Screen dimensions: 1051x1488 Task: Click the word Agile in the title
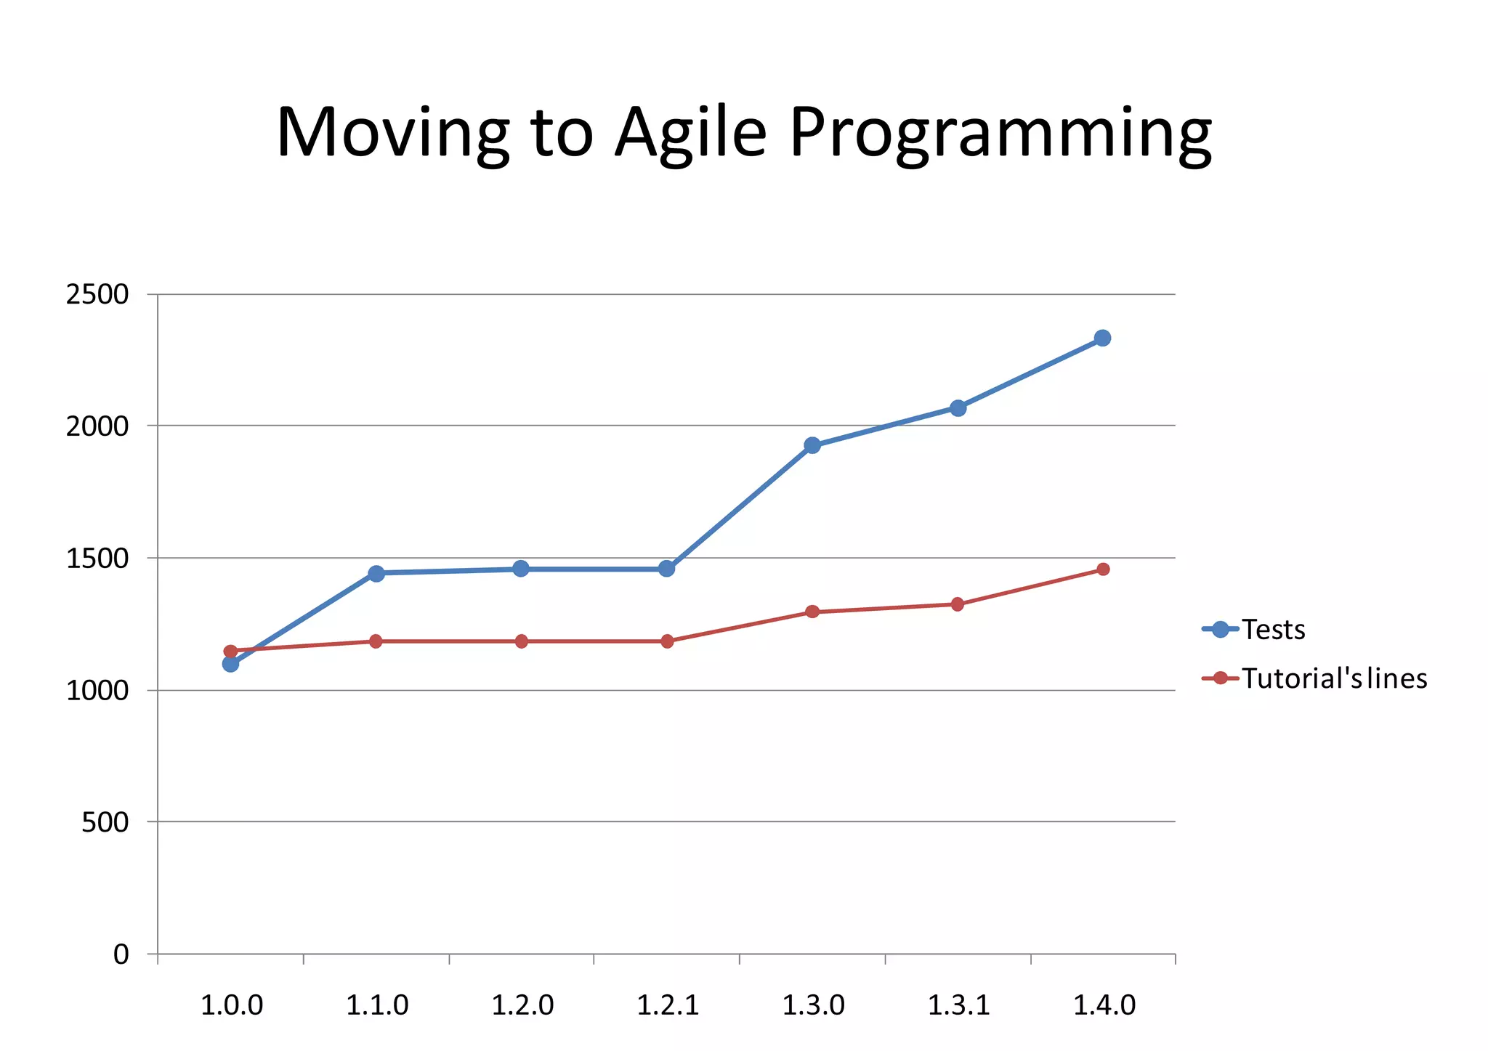(690, 133)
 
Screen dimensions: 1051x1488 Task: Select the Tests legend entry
(1273, 630)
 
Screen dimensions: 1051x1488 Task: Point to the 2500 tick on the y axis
(97, 295)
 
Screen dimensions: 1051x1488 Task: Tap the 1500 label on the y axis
(97, 559)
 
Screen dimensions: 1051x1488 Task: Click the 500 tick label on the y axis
(105, 822)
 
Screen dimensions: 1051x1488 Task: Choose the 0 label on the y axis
(121, 954)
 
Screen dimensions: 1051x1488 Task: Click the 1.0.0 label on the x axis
(231, 1006)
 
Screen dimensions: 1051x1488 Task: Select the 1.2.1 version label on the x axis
(667, 1006)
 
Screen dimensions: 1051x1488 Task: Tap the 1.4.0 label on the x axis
(1104, 1006)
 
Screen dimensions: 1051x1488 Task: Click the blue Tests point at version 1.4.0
(1102, 338)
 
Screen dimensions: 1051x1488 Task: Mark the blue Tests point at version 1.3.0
(812, 445)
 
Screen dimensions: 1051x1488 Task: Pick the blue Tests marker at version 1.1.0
(376, 573)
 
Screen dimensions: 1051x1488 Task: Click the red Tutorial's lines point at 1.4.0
(1103, 569)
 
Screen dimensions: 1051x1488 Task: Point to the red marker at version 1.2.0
(521, 641)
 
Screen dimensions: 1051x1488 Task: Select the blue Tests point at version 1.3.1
(958, 408)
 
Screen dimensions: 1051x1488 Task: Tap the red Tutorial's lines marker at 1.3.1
(958, 604)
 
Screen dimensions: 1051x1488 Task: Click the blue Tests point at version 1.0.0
(230, 663)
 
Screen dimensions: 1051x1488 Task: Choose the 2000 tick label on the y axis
(97, 426)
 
